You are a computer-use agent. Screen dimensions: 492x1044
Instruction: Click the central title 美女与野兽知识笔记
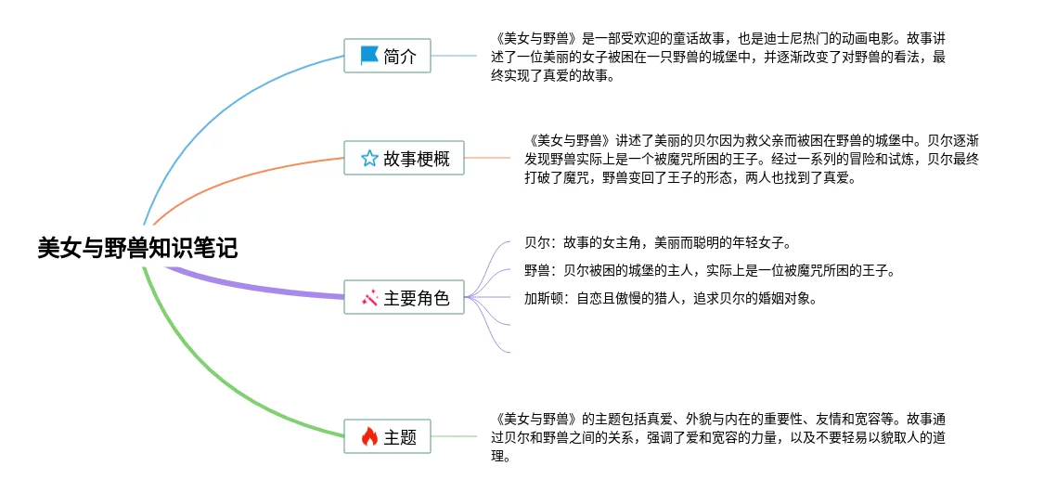tap(137, 248)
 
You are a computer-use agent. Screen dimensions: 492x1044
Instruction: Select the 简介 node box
tap(387, 57)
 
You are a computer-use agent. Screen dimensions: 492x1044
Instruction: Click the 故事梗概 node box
tap(404, 159)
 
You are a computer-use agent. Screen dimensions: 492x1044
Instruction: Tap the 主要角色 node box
tap(404, 298)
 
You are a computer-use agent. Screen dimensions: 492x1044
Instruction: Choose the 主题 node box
tap(387, 436)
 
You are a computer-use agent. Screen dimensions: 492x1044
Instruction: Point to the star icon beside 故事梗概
tap(369, 159)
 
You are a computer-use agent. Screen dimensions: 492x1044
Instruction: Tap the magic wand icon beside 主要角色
tap(369, 298)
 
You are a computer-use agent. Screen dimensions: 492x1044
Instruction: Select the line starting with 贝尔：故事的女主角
tap(656, 243)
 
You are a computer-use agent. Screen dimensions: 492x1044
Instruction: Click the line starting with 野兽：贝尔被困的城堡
tap(709, 271)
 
